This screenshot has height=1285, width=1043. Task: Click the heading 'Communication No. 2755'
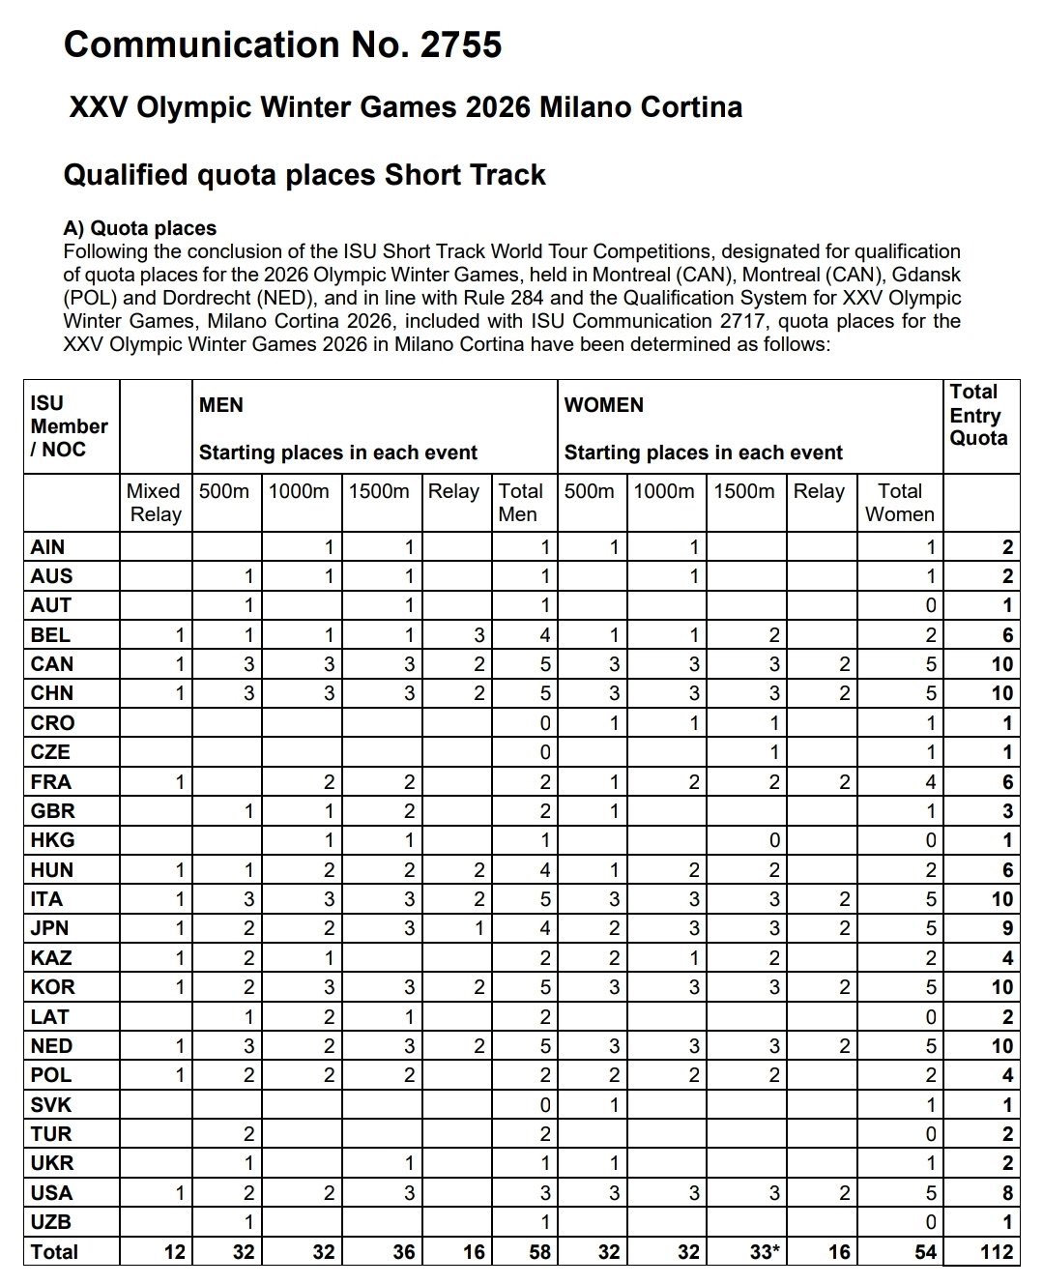(282, 44)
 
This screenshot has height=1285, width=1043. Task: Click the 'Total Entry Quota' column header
(978, 415)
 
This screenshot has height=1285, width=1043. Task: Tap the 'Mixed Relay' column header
(155, 503)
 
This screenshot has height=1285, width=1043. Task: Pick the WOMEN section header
(603, 405)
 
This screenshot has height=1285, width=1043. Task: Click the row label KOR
(52, 987)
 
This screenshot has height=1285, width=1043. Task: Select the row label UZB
(51, 1222)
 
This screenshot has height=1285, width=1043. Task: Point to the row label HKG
(52, 840)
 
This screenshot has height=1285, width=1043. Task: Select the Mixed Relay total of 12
(174, 1252)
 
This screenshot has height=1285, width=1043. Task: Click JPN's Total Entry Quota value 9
(1006, 929)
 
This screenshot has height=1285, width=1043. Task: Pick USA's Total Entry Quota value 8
(1006, 1193)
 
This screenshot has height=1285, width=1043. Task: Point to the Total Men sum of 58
(539, 1252)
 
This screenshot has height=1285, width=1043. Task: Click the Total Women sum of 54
(925, 1252)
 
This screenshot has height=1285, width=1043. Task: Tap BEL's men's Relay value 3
(478, 635)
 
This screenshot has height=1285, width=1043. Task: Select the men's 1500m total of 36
(403, 1252)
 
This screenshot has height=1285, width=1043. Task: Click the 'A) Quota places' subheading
(139, 228)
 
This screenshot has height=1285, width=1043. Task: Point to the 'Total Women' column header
(899, 503)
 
